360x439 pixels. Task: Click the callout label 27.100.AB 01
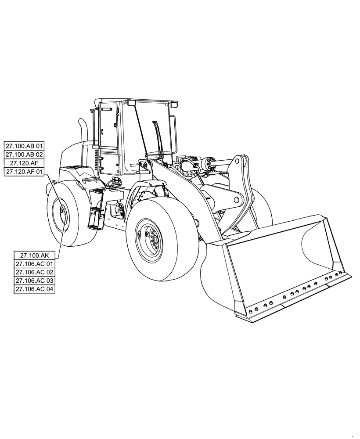[x=24, y=146]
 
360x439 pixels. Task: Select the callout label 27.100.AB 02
[x=24, y=155]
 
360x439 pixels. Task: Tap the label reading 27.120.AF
[x=24, y=163]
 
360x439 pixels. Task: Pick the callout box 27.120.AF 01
[x=24, y=172]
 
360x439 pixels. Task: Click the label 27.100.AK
[x=34, y=255]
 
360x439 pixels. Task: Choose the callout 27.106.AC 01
[x=34, y=263]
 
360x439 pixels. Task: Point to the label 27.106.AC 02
[x=34, y=272]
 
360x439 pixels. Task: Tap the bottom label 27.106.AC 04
[x=34, y=289]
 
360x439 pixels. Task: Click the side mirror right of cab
[x=174, y=132]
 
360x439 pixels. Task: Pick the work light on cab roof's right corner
[x=174, y=104]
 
